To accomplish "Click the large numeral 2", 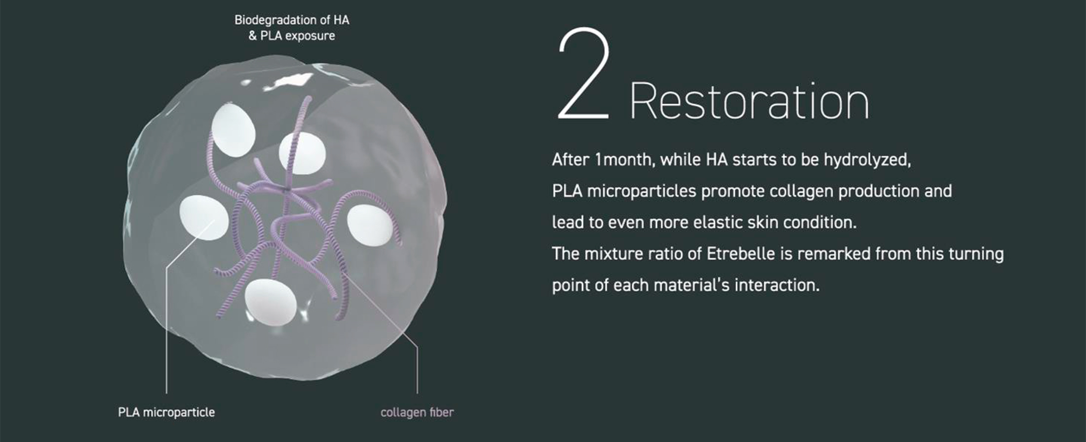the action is point(583,74).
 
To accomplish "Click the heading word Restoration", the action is point(749,101).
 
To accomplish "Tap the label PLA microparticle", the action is point(166,412).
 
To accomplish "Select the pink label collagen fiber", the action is point(417,412).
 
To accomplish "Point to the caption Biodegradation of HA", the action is point(292,20).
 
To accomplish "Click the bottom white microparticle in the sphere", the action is point(271,302).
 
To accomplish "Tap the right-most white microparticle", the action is point(370,225).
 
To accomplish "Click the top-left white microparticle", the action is point(233,130).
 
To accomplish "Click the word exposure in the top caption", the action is point(310,36).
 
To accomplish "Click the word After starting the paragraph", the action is point(571,160).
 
